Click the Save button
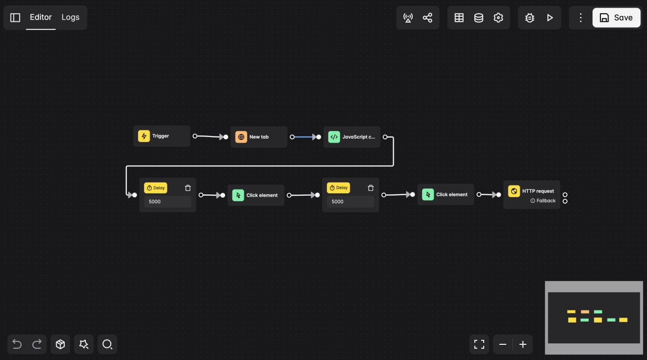click(x=616, y=18)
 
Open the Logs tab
click(x=70, y=17)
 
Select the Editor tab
click(x=40, y=17)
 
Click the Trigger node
click(x=161, y=136)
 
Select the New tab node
click(x=259, y=137)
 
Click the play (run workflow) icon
click(x=550, y=18)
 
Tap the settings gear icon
click(x=498, y=18)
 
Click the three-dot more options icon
click(x=581, y=18)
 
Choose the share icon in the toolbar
click(x=428, y=18)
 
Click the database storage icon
click(x=479, y=18)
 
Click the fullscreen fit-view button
click(x=479, y=344)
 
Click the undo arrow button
click(x=17, y=344)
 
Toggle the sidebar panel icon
click(x=15, y=18)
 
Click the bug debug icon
click(x=530, y=18)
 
